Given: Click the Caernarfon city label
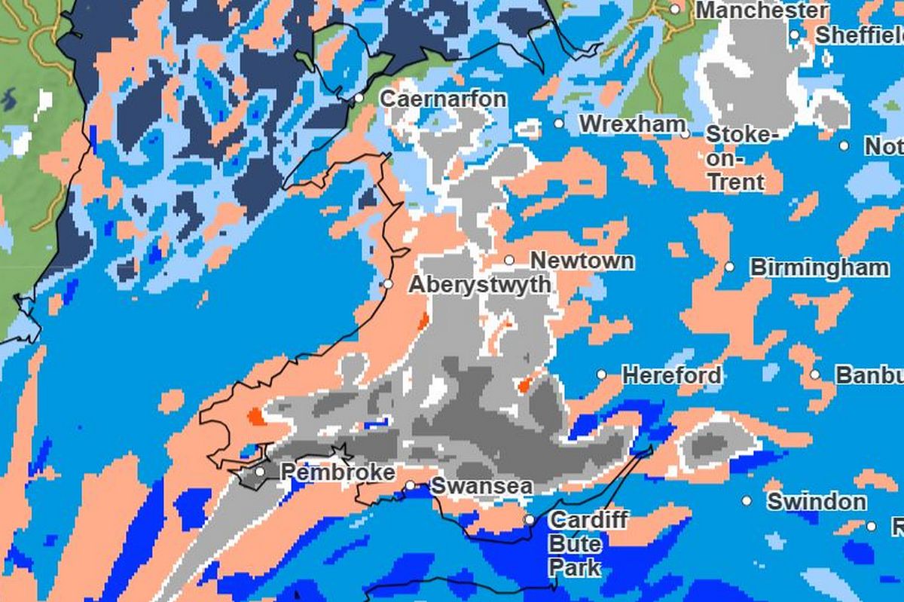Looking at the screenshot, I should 432,99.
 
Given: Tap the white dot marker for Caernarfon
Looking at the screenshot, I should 359,98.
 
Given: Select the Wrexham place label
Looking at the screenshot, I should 633,124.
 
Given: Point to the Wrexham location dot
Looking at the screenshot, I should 558,124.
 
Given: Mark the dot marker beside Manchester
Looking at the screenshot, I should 674,10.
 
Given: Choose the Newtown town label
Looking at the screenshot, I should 582,261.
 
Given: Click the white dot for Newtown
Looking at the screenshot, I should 509,260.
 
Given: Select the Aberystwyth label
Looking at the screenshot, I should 479,285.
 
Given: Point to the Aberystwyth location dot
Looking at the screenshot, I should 387,284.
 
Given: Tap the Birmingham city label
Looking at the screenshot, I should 820,267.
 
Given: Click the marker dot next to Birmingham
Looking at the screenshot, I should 729,267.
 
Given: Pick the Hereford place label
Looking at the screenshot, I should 672,374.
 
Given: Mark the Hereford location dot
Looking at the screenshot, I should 601,374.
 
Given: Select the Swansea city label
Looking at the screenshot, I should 481,486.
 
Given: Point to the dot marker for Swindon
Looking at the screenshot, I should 747,500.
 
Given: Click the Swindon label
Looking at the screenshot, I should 816,501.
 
